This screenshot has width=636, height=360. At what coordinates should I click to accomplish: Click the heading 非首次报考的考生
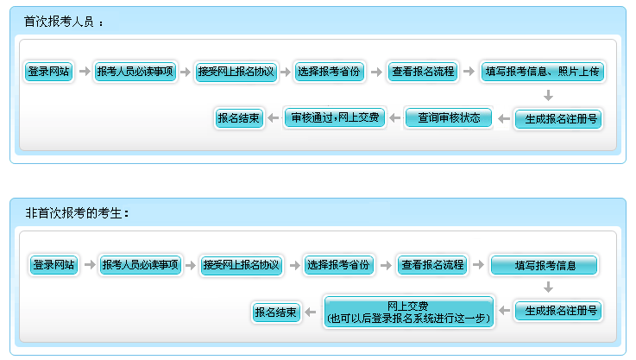tap(77, 212)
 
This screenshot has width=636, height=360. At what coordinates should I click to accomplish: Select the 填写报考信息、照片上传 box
tap(542, 72)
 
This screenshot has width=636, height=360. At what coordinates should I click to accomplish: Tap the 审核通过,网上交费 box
tap(333, 117)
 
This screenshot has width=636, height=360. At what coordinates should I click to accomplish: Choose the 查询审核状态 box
tap(449, 117)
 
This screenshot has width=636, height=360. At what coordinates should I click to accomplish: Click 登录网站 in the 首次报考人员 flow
tap(49, 72)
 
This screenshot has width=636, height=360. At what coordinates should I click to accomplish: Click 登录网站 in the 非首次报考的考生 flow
tap(54, 265)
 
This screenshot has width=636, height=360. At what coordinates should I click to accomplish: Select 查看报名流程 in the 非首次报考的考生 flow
tap(432, 265)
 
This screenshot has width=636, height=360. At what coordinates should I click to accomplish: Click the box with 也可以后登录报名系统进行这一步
tap(408, 312)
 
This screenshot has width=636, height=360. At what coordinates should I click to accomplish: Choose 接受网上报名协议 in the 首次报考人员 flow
tap(236, 72)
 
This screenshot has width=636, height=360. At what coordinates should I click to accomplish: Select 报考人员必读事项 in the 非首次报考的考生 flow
tap(139, 265)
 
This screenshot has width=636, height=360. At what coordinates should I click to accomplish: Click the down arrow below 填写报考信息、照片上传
tap(548, 95)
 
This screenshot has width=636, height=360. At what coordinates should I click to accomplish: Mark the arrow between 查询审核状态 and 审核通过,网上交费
tap(392, 117)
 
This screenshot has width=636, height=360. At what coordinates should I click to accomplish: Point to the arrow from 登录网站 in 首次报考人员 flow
tap(83, 72)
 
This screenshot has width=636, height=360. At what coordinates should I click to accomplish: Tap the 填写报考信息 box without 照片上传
tap(544, 265)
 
